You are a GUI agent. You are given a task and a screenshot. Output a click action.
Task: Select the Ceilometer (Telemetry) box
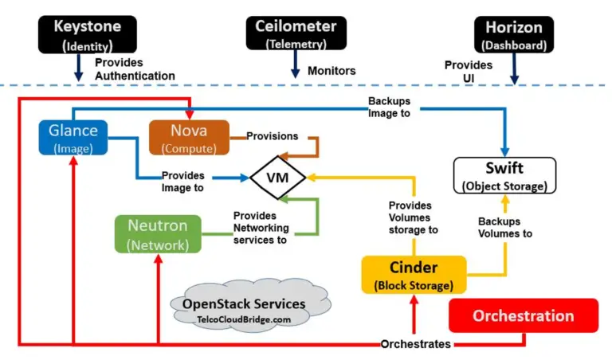[296, 33]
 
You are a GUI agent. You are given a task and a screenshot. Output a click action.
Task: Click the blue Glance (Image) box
[73, 137]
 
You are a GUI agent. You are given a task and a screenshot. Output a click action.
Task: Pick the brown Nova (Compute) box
[189, 137]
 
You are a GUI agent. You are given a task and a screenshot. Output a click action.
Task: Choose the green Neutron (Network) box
[157, 234]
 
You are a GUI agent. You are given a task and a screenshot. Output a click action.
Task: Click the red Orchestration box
[524, 315]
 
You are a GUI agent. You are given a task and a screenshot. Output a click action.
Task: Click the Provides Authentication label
[135, 69]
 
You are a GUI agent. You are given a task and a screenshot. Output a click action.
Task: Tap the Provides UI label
[468, 71]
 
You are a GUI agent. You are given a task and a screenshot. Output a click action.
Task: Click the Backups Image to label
[389, 107]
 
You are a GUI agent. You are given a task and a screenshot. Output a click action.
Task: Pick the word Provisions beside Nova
[272, 136]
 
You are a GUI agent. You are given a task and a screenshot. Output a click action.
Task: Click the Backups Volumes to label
[504, 227]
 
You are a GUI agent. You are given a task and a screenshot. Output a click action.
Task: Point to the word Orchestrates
[415, 344]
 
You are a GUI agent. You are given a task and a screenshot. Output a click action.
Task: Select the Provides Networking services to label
[260, 227]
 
